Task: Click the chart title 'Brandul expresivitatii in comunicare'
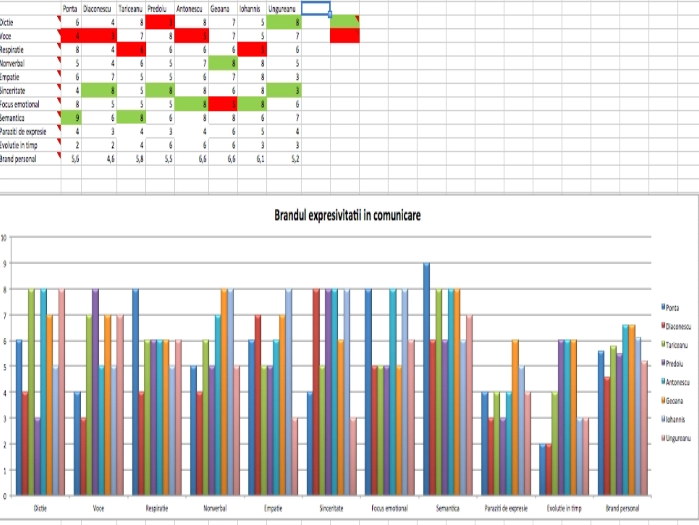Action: pyautogui.click(x=347, y=215)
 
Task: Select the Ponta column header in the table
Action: pyautogui.click(x=70, y=9)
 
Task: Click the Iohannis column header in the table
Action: pyautogui.click(x=250, y=9)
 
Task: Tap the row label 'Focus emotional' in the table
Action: pyautogui.click(x=20, y=104)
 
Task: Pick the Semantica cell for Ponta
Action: pyautogui.click(x=71, y=118)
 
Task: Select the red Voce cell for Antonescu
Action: pyautogui.click(x=192, y=36)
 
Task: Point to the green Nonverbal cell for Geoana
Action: pyautogui.click(x=223, y=63)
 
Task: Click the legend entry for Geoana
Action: pyautogui.click(x=674, y=401)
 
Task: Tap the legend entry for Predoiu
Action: pyautogui.click(x=674, y=364)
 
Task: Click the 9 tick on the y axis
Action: pyautogui.click(x=5, y=263)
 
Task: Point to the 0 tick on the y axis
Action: pyautogui.click(x=5, y=496)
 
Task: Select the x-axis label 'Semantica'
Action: pyautogui.click(x=448, y=508)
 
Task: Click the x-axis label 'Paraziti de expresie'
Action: pyautogui.click(x=506, y=508)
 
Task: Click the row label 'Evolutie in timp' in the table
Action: pyautogui.click(x=19, y=145)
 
